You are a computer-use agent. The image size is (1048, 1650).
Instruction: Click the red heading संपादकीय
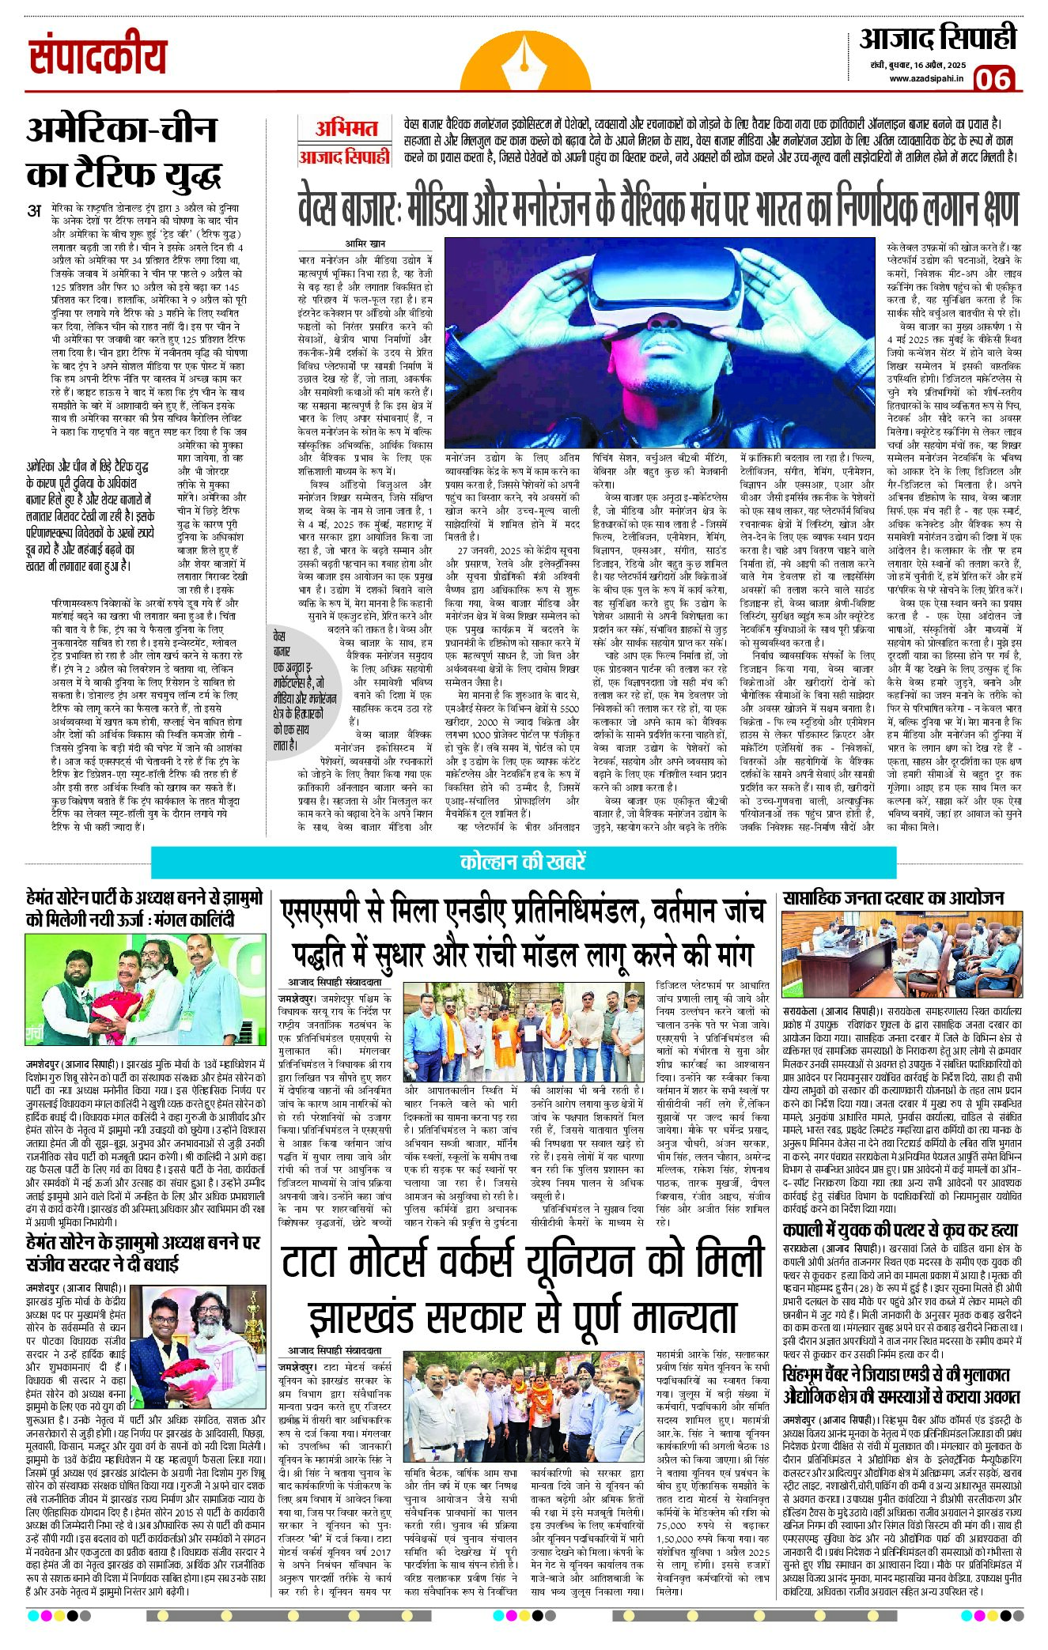point(98,57)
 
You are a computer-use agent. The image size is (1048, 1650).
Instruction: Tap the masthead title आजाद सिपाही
point(937,40)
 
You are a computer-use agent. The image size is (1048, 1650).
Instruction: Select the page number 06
point(993,79)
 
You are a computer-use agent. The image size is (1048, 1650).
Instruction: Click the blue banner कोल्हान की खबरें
point(523,862)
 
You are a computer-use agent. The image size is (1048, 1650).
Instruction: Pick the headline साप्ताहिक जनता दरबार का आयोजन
point(893,898)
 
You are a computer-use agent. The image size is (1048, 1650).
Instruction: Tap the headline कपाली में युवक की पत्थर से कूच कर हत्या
point(899,1231)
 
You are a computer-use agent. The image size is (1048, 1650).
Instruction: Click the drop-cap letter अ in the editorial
point(34,210)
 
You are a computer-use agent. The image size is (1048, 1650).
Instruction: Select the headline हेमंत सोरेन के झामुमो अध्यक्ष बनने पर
point(142,1242)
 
